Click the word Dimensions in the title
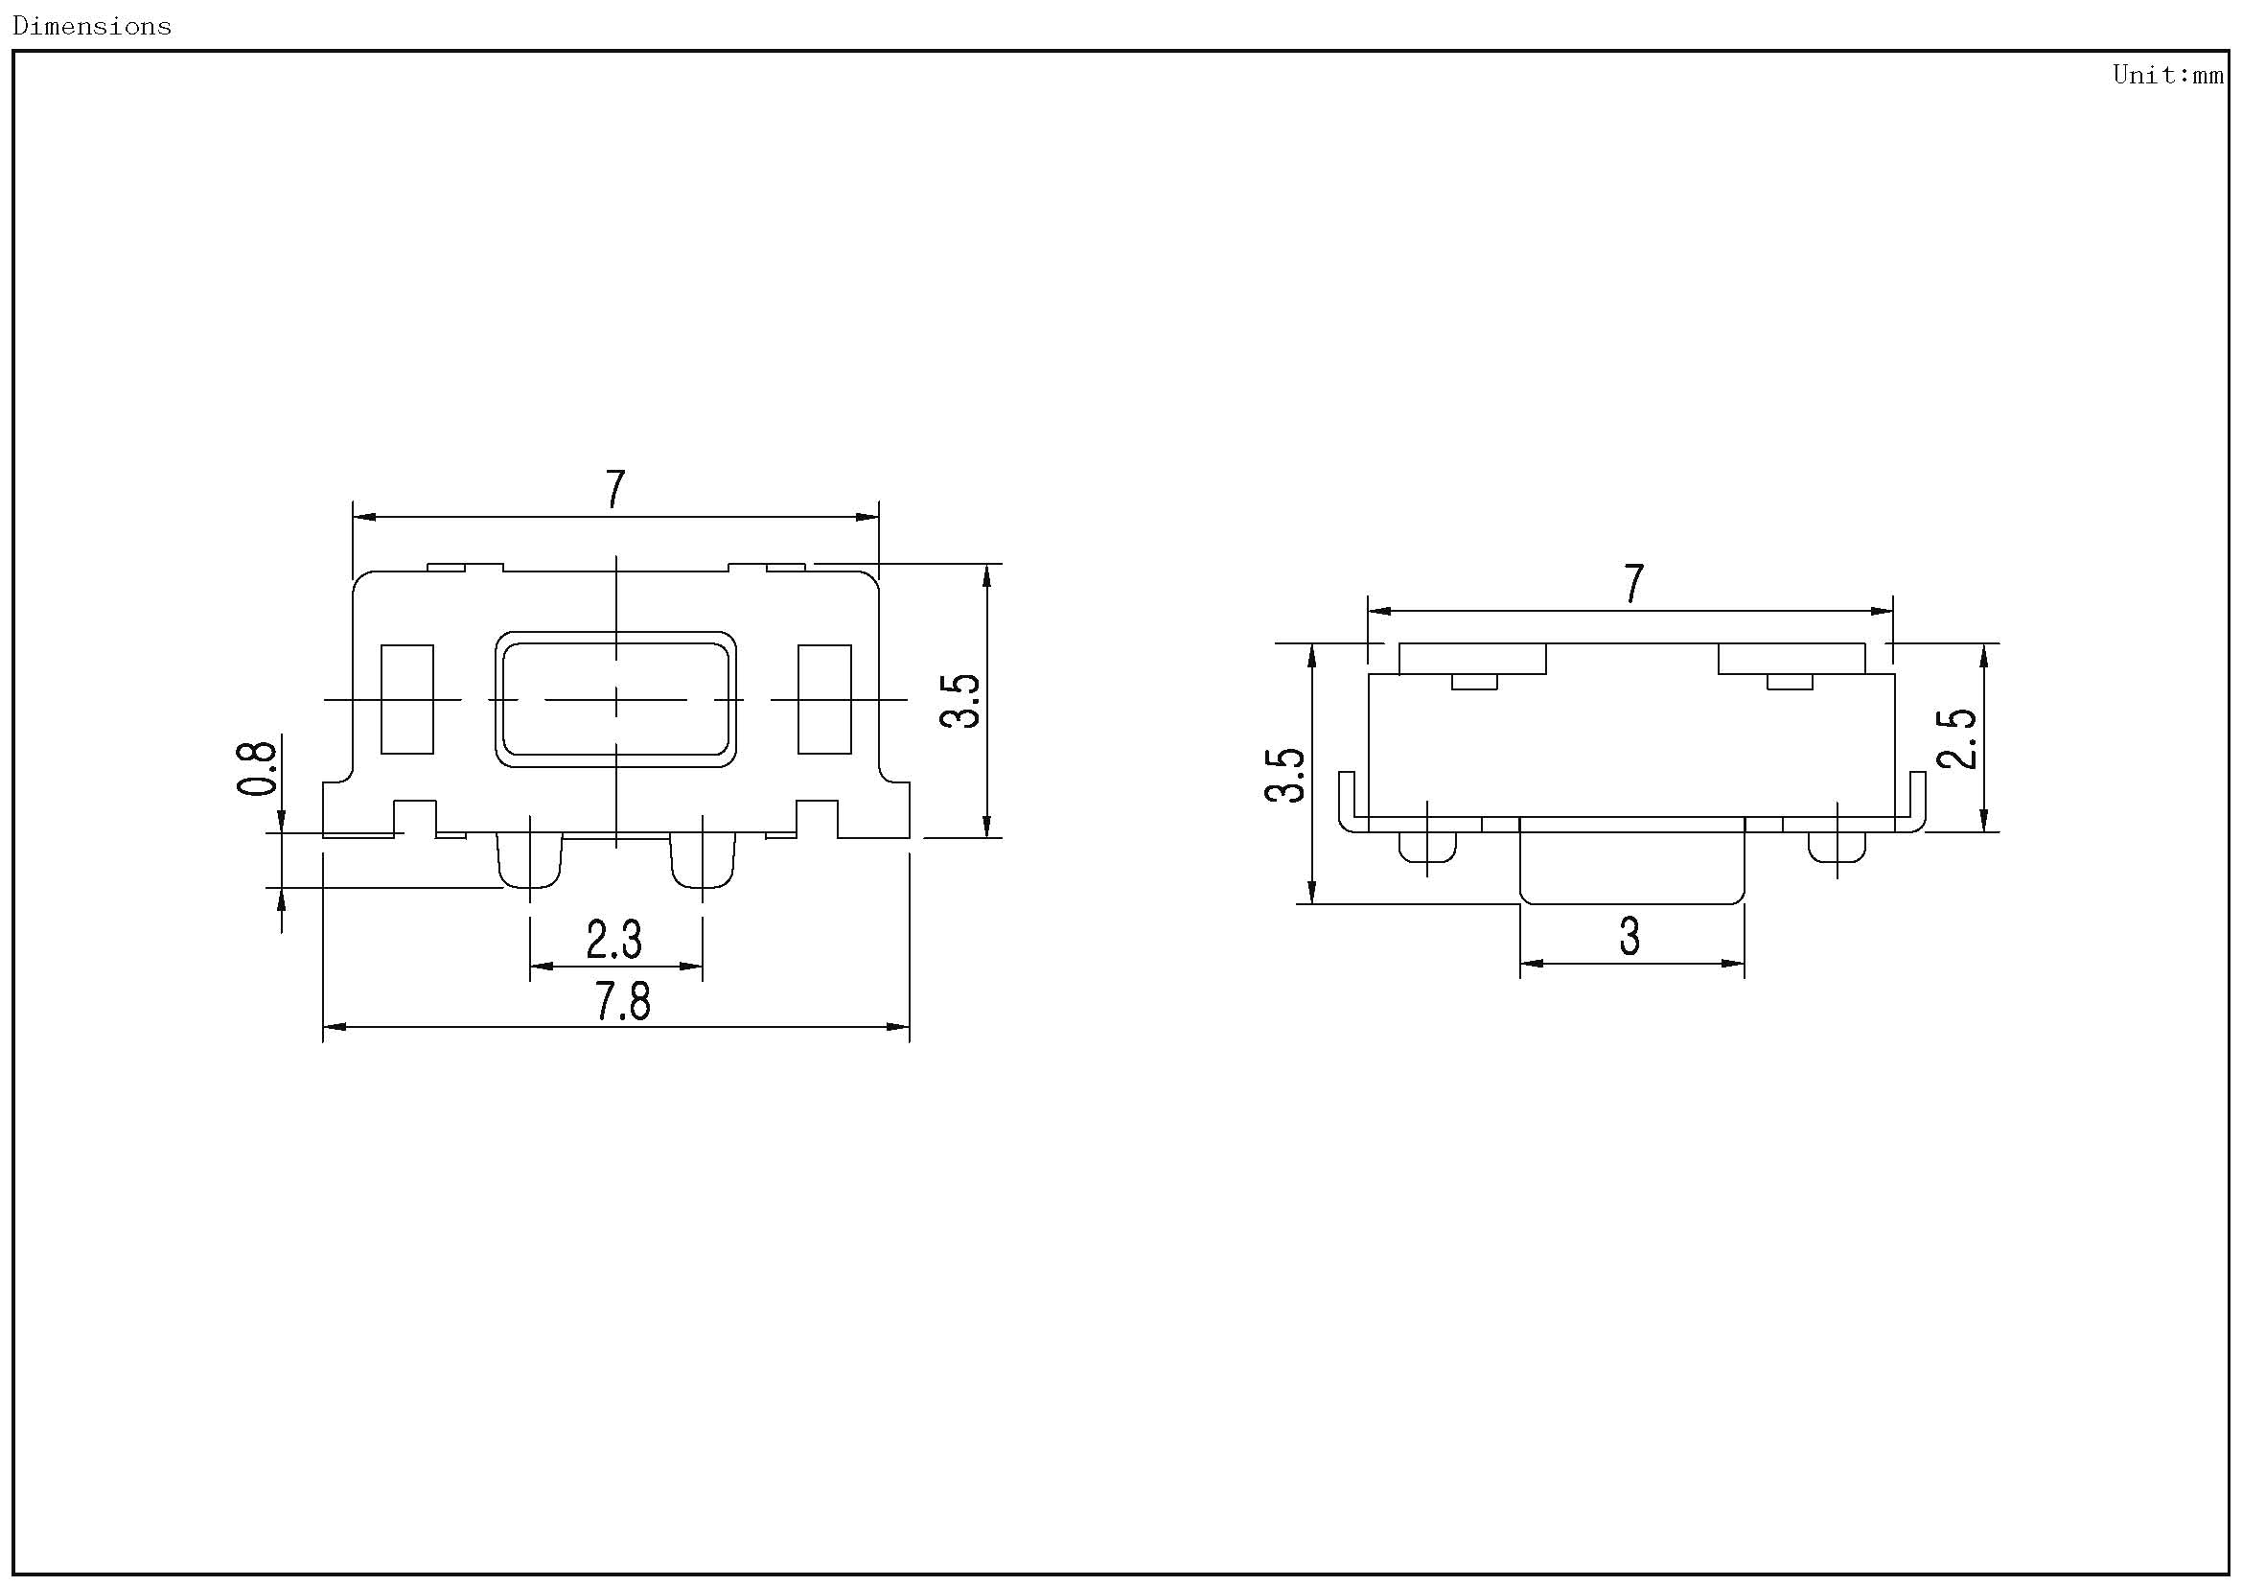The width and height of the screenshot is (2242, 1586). coord(92,26)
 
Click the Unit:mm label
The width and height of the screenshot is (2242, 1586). coord(2169,75)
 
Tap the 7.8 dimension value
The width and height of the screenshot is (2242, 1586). coord(623,1002)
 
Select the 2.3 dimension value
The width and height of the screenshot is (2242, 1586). coord(614,940)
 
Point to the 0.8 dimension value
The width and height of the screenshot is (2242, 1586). coord(257,768)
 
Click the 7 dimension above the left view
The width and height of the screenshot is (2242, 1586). coord(615,489)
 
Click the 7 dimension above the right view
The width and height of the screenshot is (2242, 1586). coord(1633,584)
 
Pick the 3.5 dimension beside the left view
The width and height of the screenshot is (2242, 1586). coord(959,700)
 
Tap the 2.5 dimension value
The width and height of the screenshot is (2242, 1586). coord(1957,738)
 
